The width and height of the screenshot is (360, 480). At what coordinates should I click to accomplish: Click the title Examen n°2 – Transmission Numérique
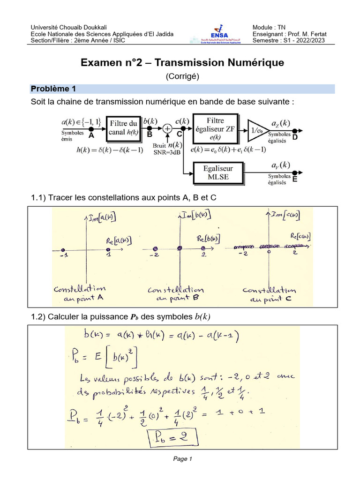(182, 62)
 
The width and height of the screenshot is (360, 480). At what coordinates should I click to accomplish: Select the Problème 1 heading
(53, 89)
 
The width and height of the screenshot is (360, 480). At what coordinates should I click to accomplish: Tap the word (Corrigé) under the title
(182, 77)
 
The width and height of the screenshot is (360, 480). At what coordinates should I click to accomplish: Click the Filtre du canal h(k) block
(123, 127)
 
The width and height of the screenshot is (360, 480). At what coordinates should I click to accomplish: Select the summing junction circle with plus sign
(167, 127)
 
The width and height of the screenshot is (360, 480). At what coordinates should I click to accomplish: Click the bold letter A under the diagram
(91, 135)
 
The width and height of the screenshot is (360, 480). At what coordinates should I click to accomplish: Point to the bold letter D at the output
(295, 137)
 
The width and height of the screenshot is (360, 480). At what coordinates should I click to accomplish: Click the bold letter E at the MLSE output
(295, 179)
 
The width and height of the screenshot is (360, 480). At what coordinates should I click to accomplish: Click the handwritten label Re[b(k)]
(206, 238)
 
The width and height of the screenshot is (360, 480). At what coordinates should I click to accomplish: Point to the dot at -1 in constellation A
(64, 249)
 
